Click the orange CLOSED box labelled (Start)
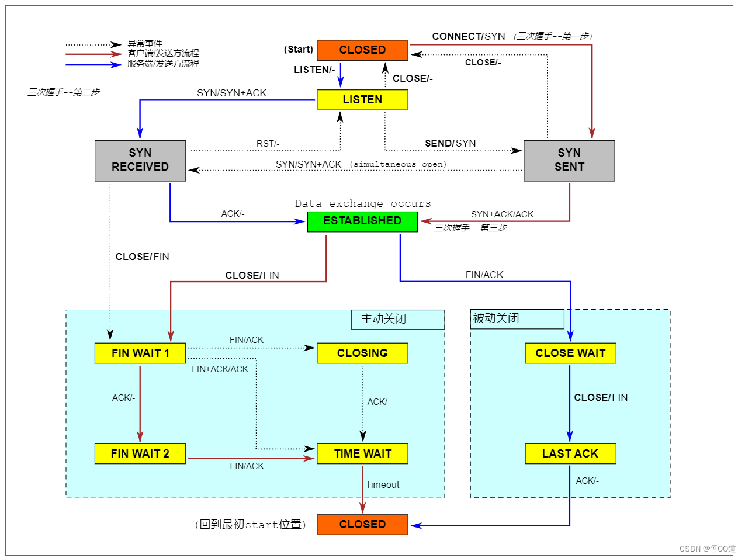(x=362, y=50)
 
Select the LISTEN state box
(x=362, y=100)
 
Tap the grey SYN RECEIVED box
(x=140, y=160)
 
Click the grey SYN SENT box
(x=569, y=160)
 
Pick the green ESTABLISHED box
(x=362, y=221)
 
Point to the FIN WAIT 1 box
(x=140, y=353)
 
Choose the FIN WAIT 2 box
(x=140, y=453)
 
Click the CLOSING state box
(x=362, y=353)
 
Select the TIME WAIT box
(x=362, y=453)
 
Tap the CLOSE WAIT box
(x=570, y=353)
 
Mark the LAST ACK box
(x=570, y=453)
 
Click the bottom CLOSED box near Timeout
(x=362, y=524)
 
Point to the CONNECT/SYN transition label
(x=468, y=36)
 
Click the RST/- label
(x=268, y=144)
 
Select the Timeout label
(x=383, y=484)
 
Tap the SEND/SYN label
(x=450, y=143)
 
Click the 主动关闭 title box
(x=398, y=319)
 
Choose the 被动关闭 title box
(x=517, y=318)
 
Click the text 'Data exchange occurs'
(x=363, y=203)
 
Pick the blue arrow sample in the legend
(x=93, y=64)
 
